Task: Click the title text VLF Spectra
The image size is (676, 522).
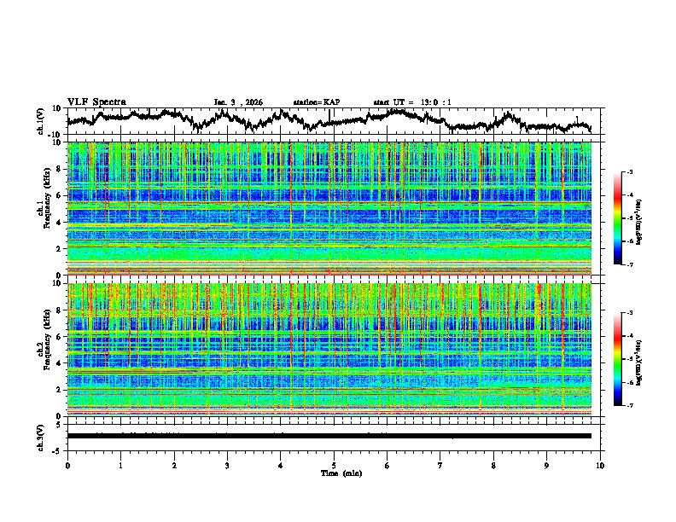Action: (96, 101)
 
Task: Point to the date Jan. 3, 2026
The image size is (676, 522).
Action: (238, 102)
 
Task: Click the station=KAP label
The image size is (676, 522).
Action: (316, 102)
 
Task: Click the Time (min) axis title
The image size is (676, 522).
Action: (334, 473)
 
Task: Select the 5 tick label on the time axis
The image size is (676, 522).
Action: (334, 464)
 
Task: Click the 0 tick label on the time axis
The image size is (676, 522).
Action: (67, 464)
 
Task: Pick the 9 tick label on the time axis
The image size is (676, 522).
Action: (547, 464)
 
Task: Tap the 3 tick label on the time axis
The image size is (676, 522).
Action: (227, 464)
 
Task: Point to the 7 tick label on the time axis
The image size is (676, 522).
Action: (440, 464)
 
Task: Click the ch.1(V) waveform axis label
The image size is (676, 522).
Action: (41, 121)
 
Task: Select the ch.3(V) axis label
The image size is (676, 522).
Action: (41, 436)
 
